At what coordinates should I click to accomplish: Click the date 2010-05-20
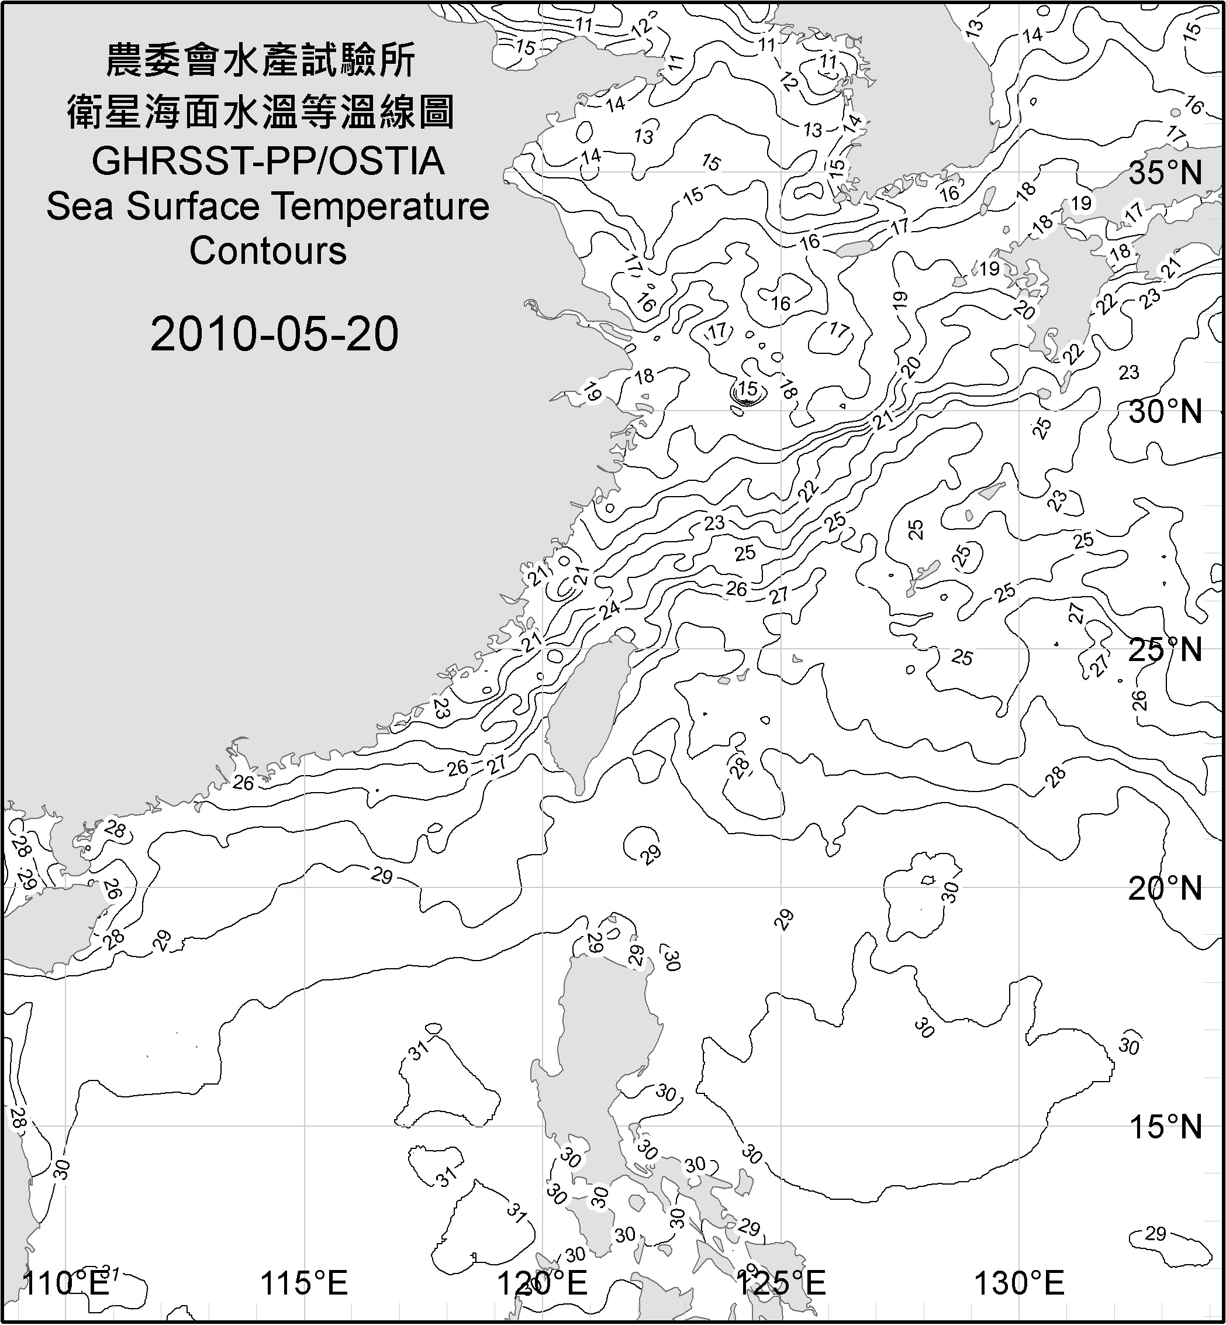[274, 334]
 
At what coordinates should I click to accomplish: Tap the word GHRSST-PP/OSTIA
[268, 161]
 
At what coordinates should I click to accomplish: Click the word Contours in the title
[268, 251]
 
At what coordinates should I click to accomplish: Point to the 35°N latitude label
[1165, 173]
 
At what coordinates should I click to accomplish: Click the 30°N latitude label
[1165, 412]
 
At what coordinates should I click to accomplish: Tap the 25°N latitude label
[1165, 650]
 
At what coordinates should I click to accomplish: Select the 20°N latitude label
[1165, 888]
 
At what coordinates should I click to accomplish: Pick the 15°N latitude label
[1165, 1127]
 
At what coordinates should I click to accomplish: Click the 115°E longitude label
[304, 1283]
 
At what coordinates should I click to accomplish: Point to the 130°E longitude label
[1019, 1283]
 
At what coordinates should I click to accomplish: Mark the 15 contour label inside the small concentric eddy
[748, 389]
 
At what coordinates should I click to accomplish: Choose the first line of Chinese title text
[261, 61]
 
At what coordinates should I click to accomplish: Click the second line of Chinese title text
[261, 112]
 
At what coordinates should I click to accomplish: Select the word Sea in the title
[80, 207]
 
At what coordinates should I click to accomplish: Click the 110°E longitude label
[65, 1283]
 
